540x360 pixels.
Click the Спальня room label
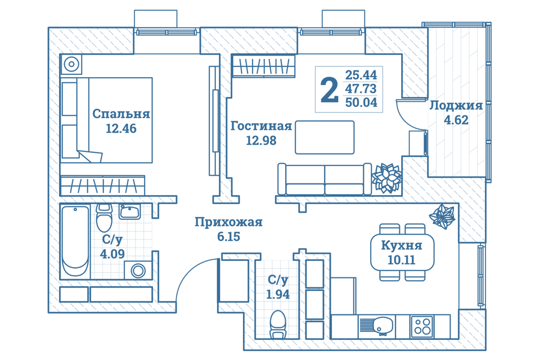tap(121, 114)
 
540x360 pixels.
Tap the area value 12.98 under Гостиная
tap(261, 141)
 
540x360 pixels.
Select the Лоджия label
tap(456, 106)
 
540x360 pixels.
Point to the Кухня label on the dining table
tap(401, 245)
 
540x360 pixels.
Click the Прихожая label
tap(228, 222)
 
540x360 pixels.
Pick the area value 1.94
tap(278, 294)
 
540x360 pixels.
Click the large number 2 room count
tap(329, 90)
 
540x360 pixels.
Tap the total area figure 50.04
tap(361, 103)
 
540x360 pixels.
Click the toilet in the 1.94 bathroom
tap(278, 325)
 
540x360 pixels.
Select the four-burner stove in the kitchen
tap(422, 325)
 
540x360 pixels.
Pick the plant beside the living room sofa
tap(387, 177)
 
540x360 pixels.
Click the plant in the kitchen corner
tap(443, 217)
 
